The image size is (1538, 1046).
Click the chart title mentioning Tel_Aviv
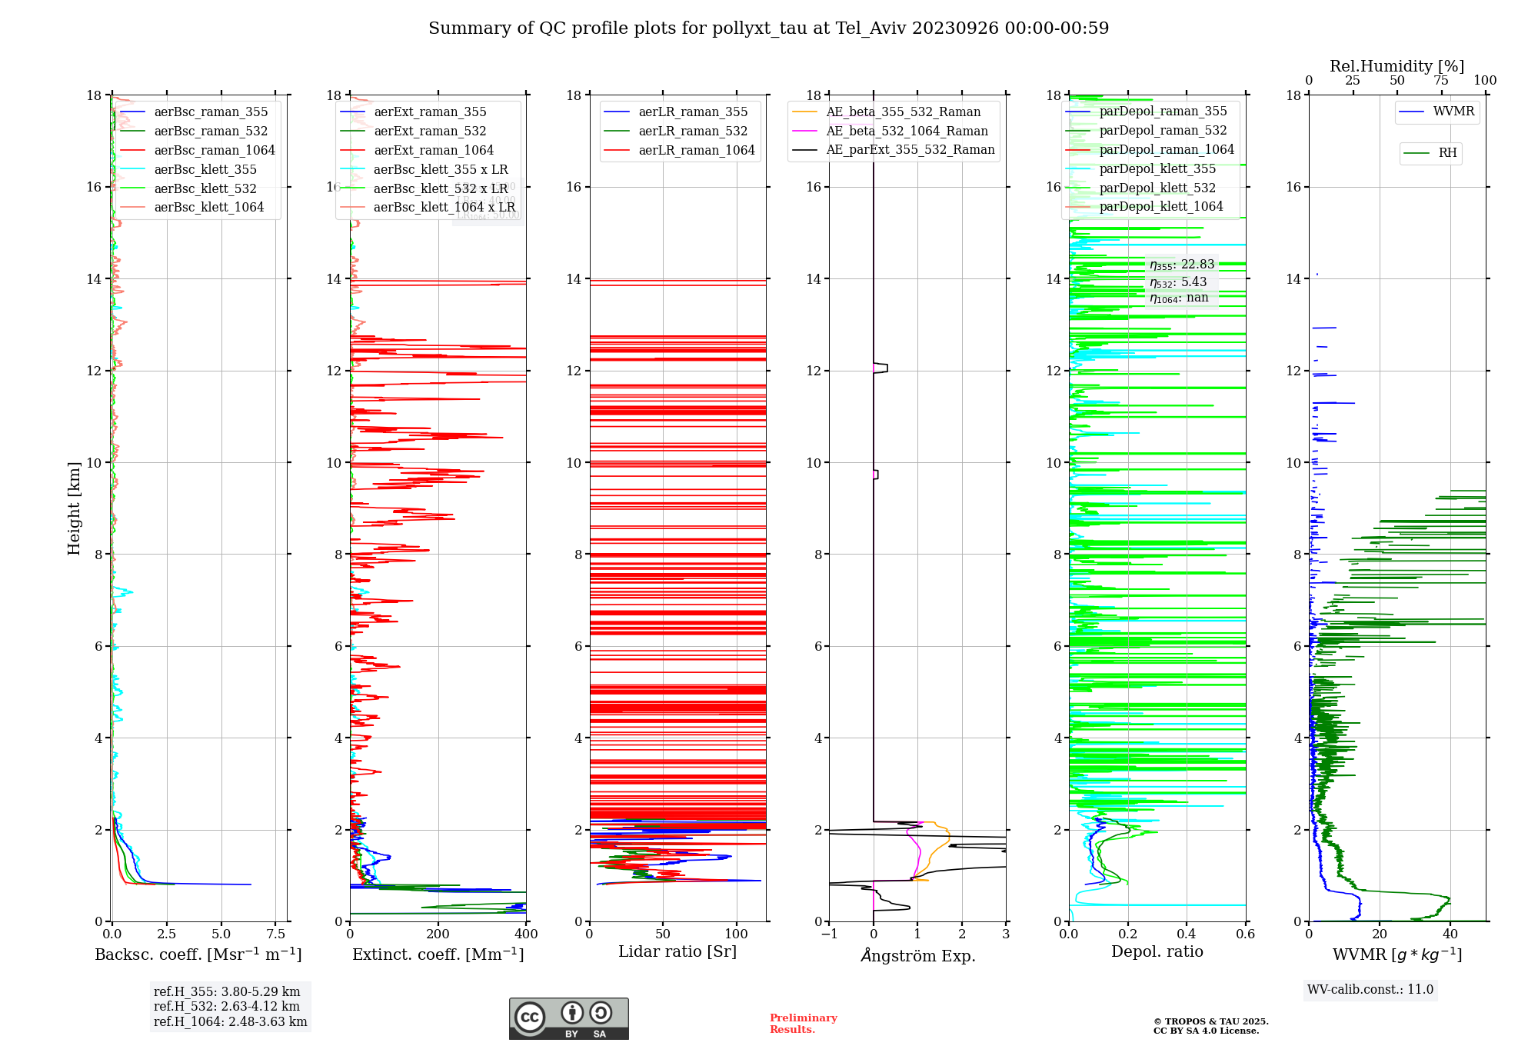pos(768,28)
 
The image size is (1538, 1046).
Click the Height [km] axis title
pos(74,508)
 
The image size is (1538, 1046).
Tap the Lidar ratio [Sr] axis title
pos(677,952)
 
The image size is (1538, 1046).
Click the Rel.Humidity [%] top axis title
pos(1397,66)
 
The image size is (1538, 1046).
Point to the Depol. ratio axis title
pos(1157,952)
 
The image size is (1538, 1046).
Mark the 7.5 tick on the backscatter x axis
pos(276,934)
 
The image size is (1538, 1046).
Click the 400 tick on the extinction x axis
pos(526,934)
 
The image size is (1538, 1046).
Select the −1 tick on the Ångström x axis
pos(829,934)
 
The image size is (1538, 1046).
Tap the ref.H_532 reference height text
pos(227,1007)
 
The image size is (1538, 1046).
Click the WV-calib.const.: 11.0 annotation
pos(1370,990)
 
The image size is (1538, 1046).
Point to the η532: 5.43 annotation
pos(1178,282)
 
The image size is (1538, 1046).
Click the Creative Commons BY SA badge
pos(568,1018)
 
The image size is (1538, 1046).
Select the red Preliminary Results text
pos(803,1024)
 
